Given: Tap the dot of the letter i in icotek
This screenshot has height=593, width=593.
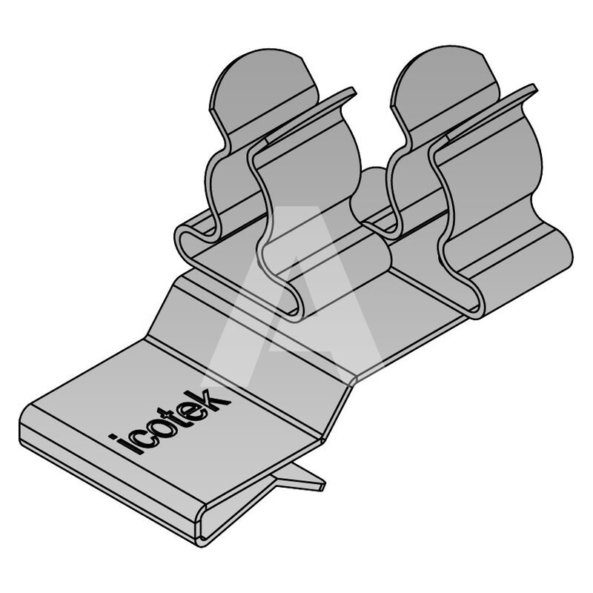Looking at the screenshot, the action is pos(113,437).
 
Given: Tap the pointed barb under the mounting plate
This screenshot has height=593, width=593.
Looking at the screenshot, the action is pos(299,478).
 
